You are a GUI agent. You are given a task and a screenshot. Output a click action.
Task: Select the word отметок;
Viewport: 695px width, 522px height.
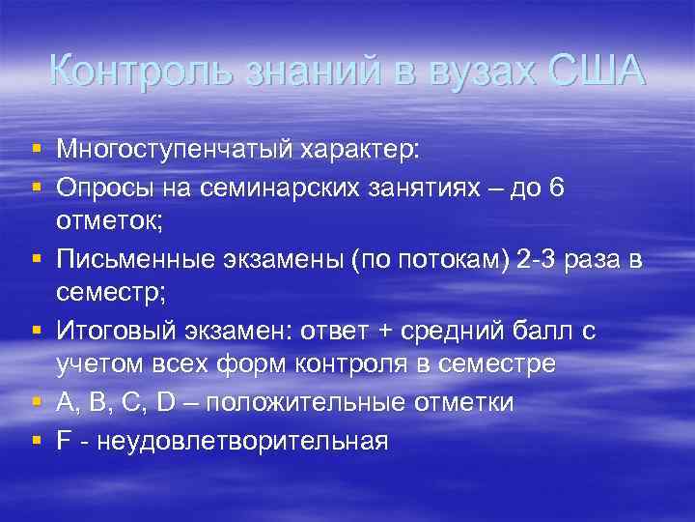[109, 221]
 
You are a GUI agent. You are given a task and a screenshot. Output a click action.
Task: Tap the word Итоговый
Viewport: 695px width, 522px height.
[114, 331]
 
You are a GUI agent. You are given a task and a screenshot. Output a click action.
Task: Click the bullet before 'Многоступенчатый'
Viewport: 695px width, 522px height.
[36, 151]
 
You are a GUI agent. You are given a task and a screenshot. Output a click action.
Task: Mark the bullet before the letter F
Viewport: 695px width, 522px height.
[36, 441]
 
